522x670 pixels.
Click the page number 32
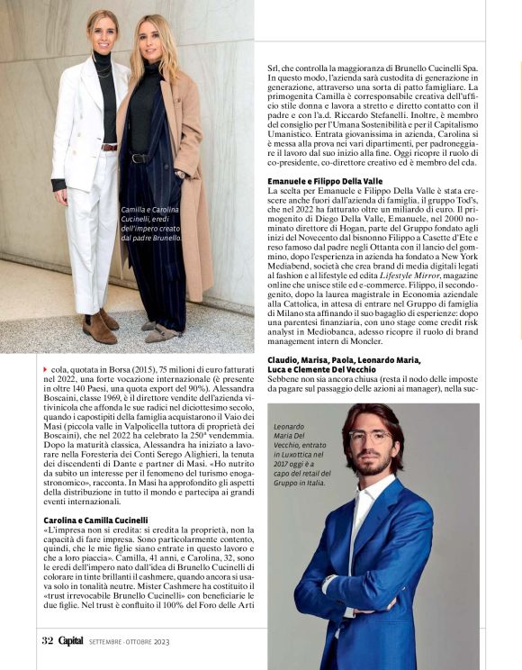(47, 640)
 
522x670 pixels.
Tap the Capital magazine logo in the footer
(72, 640)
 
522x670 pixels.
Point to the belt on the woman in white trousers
(109, 147)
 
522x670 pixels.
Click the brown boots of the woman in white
(103, 326)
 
